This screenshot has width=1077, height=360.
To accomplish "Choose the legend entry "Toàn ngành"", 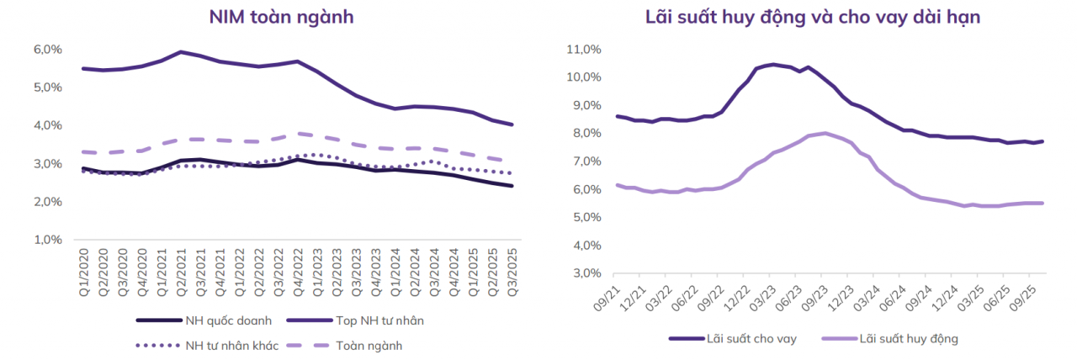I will click(369, 345).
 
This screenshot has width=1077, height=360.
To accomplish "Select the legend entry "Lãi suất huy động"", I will click(910, 338).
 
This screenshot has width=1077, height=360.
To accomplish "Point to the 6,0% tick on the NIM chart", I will click(48, 50).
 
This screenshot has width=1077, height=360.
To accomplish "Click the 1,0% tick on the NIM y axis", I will click(48, 240).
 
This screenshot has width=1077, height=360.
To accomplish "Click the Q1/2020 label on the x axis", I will click(83, 268).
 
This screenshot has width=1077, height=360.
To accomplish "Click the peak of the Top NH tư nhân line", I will click(180, 51).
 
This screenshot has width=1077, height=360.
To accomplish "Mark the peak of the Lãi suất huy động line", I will click(825, 133).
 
